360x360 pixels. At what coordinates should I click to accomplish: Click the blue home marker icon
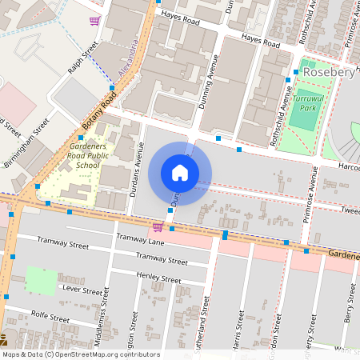coord(179,173)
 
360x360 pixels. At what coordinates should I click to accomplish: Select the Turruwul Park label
coord(308,102)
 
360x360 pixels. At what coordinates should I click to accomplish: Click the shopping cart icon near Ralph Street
coord(94,22)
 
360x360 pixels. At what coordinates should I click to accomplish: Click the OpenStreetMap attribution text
coord(80,354)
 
